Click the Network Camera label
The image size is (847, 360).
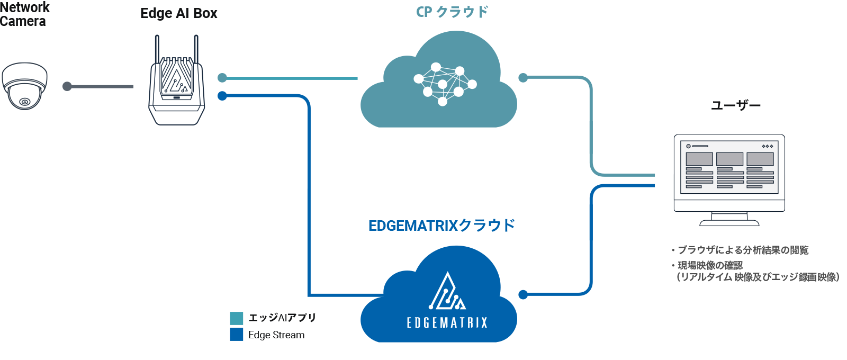[24, 14]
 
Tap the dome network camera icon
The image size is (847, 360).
[24, 86]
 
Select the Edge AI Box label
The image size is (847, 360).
[178, 14]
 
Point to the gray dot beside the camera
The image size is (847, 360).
[67, 86]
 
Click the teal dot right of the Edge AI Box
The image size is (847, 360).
[222, 78]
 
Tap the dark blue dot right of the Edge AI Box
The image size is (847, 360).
[222, 96]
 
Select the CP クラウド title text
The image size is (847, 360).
[452, 12]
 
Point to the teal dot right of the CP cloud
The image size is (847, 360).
[523, 78]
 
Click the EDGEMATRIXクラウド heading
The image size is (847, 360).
[441, 226]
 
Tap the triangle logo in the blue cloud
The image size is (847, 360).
[448, 292]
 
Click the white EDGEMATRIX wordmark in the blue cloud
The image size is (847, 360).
[447, 322]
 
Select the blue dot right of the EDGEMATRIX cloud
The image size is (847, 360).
[523, 295]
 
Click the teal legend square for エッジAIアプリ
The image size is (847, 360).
[237, 318]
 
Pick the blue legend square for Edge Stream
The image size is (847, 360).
[237, 335]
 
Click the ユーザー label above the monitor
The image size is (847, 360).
[736, 105]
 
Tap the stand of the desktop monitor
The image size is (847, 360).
[729, 219]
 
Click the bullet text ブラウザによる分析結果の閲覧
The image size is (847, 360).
[743, 250]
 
